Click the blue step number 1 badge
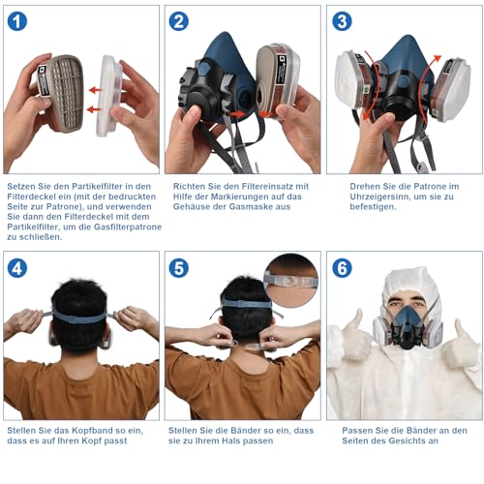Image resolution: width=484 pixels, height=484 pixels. (17, 20)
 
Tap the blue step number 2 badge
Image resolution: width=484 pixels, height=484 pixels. (179, 20)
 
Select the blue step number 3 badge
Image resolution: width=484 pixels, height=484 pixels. (342, 20)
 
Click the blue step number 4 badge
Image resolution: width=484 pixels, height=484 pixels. (17, 267)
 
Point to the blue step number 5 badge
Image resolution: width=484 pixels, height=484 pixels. (179, 267)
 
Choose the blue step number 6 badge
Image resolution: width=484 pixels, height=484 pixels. (342, 267)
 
